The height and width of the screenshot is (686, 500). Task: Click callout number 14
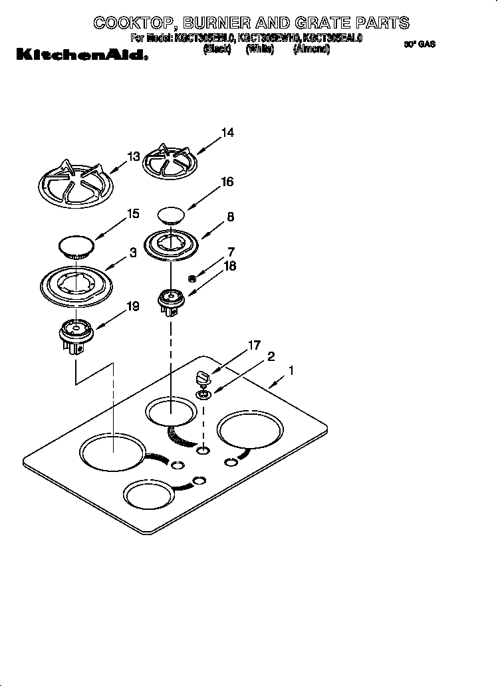tap(227, 133)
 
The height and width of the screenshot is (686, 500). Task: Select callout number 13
tap(134, 157)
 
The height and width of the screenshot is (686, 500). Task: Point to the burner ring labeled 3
tap(74, 285)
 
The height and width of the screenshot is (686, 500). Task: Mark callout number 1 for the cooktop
tap(291, 370)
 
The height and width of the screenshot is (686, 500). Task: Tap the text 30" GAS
tap(419, 45)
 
